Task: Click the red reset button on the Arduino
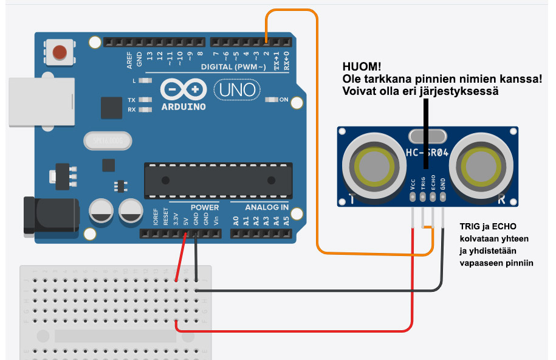(x=60, y=52)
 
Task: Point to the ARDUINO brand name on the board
(x=184, y=106)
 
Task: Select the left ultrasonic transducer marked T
(x=371, y=165)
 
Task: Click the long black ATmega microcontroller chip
(x=218, y=180)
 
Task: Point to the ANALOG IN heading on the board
(x=267, y=207)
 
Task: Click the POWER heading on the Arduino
(x=204, y=207)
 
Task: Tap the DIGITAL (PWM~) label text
(x=233, y=66)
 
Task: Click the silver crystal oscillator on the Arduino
(x=108, y=142)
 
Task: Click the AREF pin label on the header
(x=129, y=59)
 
